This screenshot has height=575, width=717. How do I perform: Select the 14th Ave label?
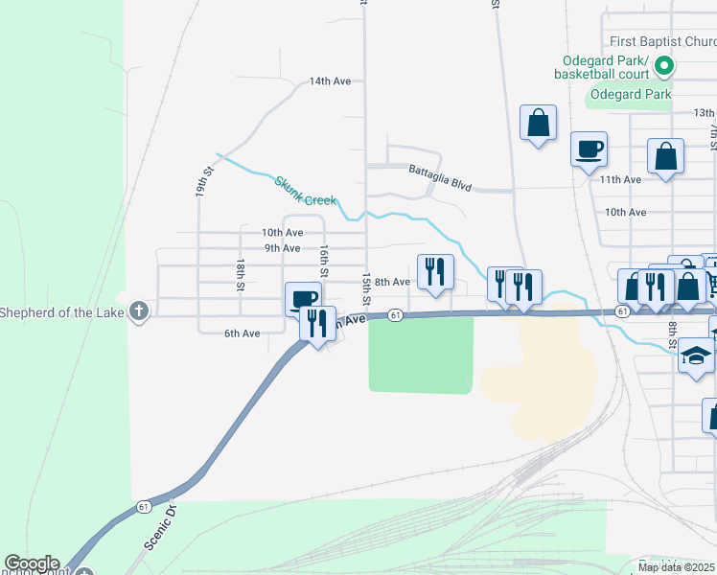331,82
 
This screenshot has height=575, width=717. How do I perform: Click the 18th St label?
242,273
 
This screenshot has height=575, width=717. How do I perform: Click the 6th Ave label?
243,333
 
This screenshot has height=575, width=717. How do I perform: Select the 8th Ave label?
392,282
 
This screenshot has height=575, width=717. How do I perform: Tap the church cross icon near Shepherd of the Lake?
139,311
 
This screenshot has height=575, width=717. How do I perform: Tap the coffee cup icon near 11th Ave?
590,149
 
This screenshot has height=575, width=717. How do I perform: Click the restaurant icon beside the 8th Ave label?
435,271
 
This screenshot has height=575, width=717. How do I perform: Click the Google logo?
32,563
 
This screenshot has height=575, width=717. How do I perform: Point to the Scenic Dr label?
158,526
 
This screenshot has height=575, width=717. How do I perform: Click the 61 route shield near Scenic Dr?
143,506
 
